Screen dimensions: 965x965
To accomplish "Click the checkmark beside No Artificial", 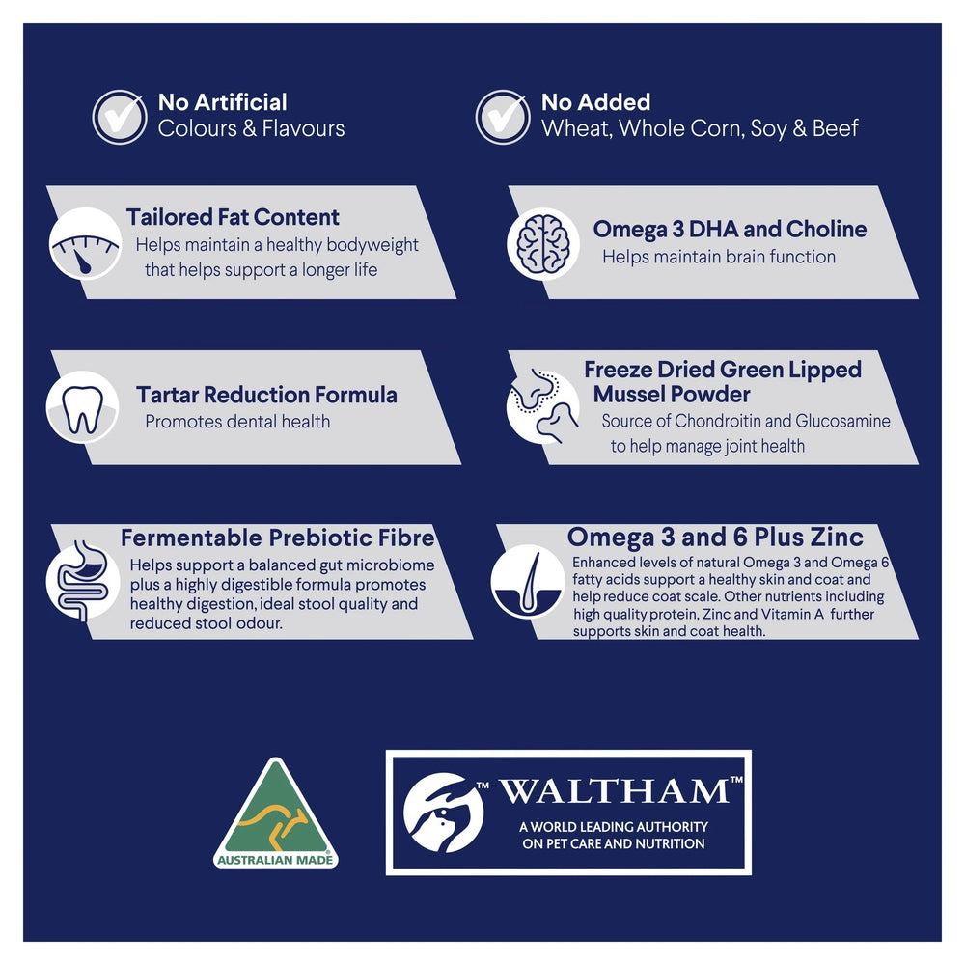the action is coord(120,117).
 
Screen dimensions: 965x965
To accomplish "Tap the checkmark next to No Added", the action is coord(503,117).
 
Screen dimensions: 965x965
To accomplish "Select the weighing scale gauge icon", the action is coord(85,244).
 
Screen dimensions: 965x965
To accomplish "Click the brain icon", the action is coord(542,244).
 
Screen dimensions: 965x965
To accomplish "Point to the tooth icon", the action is coord(82,407).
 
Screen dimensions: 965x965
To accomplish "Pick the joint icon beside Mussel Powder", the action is coord(542,406).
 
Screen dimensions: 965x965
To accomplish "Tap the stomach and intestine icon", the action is coord(82,581).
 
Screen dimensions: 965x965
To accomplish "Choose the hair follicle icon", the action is coord(528,582).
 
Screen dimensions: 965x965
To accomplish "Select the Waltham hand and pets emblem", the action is coord(443,813).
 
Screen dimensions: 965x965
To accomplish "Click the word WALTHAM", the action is coord(614,791).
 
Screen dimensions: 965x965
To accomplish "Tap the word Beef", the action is coord(835,128).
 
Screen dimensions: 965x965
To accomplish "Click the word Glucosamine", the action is coord(842,421).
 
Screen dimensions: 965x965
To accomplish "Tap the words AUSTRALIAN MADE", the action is coord(275,860).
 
